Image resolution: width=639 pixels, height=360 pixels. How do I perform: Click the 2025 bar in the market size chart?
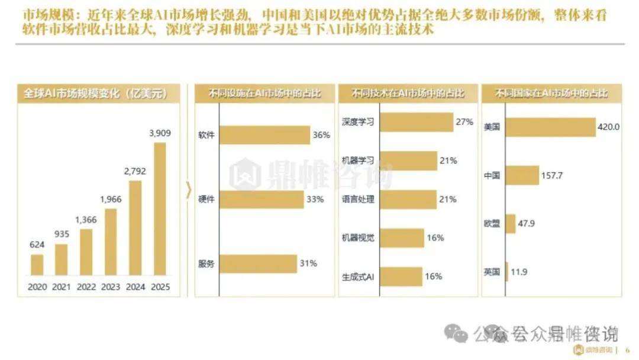pos(160,208)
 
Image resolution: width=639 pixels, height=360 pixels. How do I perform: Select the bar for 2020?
pos(37,265)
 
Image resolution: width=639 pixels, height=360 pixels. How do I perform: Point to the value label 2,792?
pos(135,172)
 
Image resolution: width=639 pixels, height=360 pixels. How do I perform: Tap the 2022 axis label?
pos(86,287)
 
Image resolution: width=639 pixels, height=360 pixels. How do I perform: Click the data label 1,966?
pos(111,199)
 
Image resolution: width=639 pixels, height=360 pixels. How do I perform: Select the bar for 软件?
pos(264,135)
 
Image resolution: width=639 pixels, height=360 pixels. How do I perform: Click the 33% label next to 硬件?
pos(315,200)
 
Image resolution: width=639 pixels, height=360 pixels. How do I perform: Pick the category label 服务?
pos(206,263)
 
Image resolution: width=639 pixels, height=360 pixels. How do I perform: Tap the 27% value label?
pos(464,122)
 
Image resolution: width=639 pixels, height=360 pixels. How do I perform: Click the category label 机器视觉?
pos(358,238)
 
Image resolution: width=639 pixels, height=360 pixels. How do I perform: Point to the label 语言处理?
pos(358,200)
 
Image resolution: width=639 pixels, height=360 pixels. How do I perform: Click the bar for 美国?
pos(550,127)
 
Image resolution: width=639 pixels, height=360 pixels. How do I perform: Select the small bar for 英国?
pos(507,272)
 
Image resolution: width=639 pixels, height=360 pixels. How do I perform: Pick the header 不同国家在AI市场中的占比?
pos(551,94)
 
